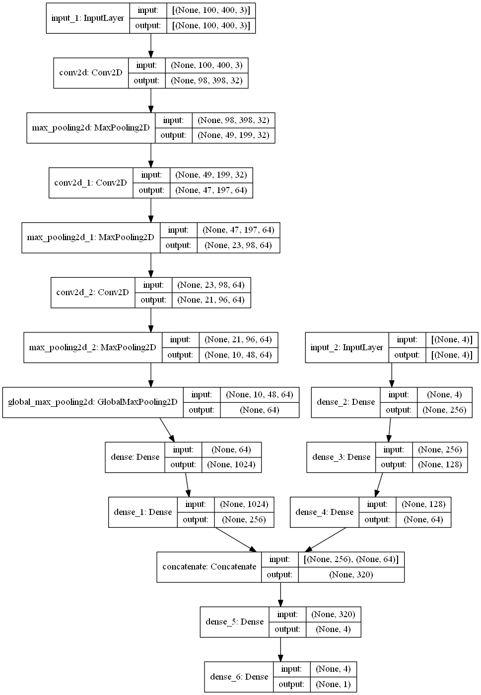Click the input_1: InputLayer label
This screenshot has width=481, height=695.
click(x=88, y=18)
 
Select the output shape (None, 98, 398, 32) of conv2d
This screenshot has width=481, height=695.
click(x=206, y=80)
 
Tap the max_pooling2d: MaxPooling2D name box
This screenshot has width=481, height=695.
click(x=91, y=128)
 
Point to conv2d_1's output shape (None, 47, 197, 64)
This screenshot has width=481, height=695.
click(x=211, y=190)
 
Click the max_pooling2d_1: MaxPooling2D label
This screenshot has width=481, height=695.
click(x=91, y=238)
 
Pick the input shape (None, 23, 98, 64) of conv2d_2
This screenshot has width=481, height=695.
click(x=211, y=285)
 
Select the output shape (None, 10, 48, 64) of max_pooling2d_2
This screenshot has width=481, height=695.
click(x=238, y=355)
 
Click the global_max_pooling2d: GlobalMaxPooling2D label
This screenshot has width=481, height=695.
click(x=93, y=402)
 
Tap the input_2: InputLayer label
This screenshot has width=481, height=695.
click(x=347, y=347)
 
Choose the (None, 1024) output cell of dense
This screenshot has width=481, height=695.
click(x=231, y=464)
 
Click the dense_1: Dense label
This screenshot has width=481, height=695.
click(x=143, y=512)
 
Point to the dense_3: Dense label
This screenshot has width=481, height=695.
click(x=342, y=457)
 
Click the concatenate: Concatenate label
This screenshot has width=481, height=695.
click(x=209, y=567)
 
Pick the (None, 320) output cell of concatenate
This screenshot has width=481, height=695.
click(x=351, y=574)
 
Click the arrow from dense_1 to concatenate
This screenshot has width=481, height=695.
click(x=236, y=540)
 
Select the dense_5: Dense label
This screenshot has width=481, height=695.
click(x=235, y=622)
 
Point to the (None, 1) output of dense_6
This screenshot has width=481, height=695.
click(x=333, y=684)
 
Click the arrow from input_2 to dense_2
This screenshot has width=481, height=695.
click(x=392, y=375)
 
